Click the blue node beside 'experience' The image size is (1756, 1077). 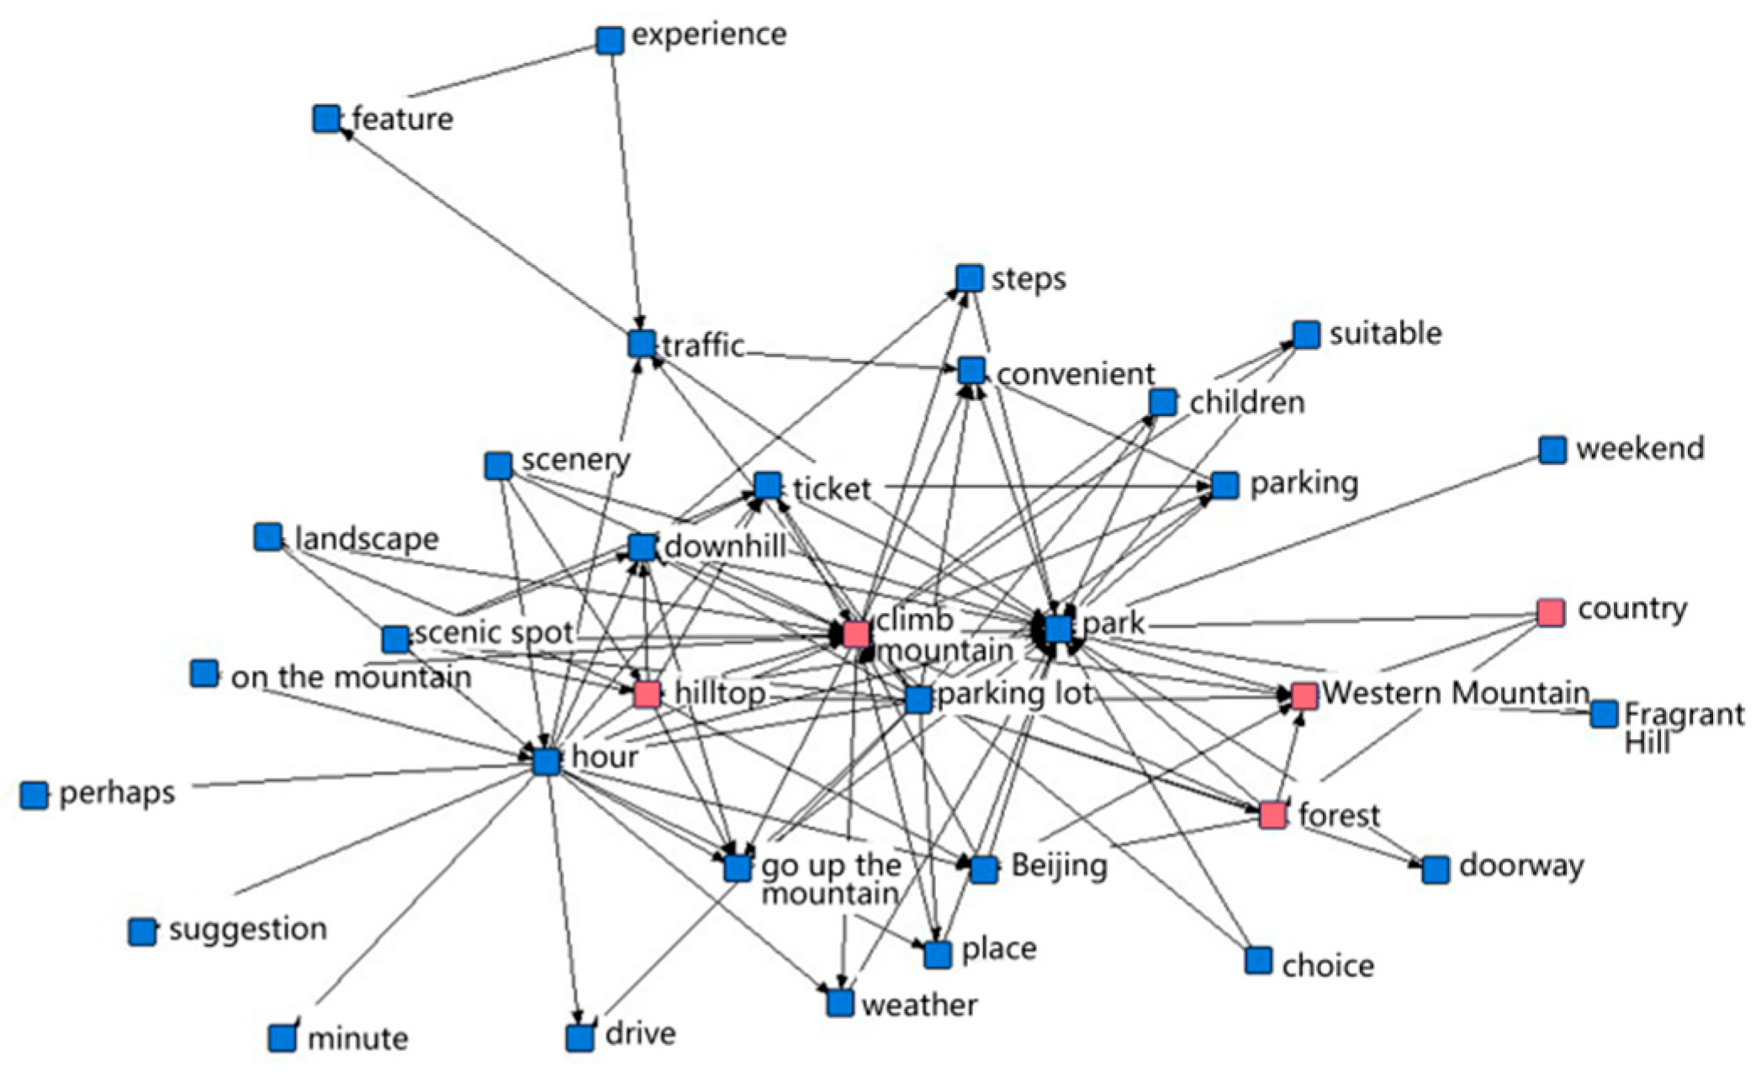pos(610,40)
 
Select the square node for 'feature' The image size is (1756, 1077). pos(326,119)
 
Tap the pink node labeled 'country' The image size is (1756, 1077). pos(1551,612)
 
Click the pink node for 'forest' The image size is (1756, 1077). pos(1272,814)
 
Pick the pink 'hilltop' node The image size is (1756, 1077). pos(647,694)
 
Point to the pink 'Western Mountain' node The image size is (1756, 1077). pos(1304,695)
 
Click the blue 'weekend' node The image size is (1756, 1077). pos(1552,450)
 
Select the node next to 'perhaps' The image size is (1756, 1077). pos(34,795)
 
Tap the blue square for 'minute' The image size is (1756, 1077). pos(283,1037)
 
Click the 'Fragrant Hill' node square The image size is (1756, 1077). pos(1604,714)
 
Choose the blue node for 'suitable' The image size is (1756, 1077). pos(1306,335)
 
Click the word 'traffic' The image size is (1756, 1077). pos(703,346)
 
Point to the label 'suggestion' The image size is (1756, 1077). pos(247,929)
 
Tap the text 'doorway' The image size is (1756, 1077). pos(1521,865)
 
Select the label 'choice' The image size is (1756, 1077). pos(1328,965)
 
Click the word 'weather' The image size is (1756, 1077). pos(919,1005)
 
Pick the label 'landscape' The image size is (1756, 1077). pos(367,538)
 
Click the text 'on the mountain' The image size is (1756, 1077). pos(351,677)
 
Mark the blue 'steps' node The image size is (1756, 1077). pos(970,278)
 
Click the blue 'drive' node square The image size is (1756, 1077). pos(579,1037)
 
